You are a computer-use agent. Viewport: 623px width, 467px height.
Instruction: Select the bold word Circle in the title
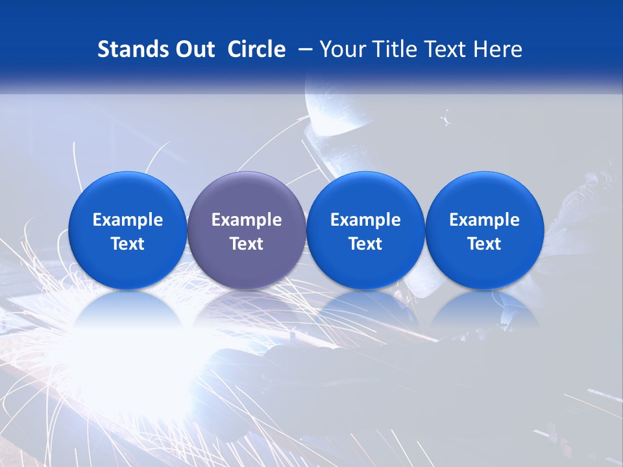[x=256, y=49]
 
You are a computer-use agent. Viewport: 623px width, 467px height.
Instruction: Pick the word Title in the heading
[x=390, y=49]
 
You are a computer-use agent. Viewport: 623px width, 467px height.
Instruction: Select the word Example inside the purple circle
[x=246, y=220]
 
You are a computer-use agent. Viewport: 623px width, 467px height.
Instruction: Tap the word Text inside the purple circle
[x=246, y=244]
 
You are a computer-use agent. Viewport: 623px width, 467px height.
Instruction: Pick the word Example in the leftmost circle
[x=127, y=220]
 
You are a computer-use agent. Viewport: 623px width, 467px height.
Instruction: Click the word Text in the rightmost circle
[x=484, y=244]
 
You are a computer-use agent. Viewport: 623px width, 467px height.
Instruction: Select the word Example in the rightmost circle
[x=484, y=220]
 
